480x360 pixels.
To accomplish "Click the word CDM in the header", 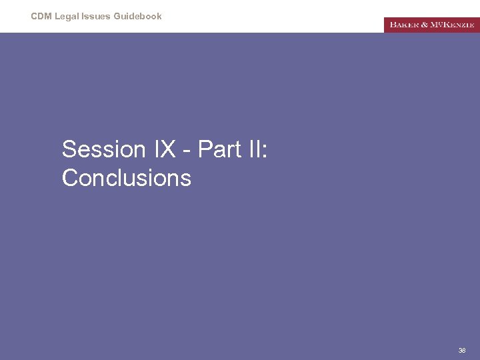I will pyautogui.click(x=41, y=16).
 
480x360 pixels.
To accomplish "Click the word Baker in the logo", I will pyautogui.click(x=404, y=25).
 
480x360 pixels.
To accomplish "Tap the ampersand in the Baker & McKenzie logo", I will pyautogui.click(x=425, y=25).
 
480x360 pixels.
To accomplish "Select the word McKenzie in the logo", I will pyautogui.click(x=453, y=25).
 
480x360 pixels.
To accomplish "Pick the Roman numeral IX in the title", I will pyautogui.click(x=165, y=149).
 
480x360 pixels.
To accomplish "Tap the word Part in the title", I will pyautogui.click(x=220, y=149).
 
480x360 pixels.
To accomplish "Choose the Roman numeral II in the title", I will pyautogui.click(x=255, y=149).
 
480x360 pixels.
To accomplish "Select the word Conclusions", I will pyautogui.click(x=127, y=178).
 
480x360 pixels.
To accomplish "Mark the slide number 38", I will pyautogui.click(x=462, y=350).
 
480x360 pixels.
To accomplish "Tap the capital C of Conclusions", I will pyautogui.click(x=70, y=178).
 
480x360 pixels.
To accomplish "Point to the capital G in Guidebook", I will pyautogui.click(x=115, y=16).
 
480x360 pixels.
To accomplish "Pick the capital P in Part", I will pyautogui.click(x=205, y=149).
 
